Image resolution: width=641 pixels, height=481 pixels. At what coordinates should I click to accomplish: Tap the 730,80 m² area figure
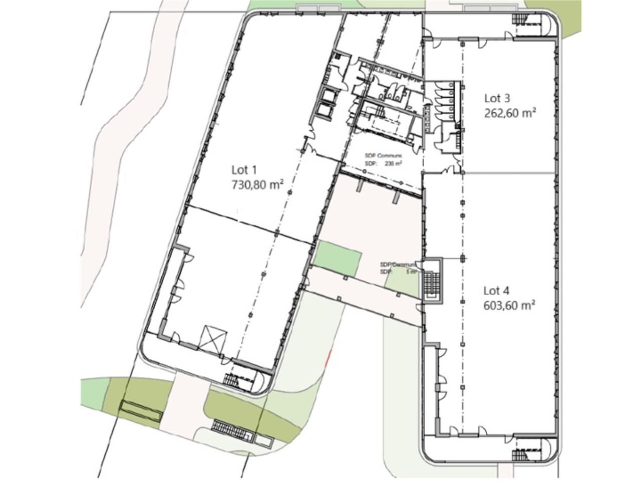[257, 184]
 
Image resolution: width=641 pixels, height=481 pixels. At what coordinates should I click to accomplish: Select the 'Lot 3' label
[497, 98]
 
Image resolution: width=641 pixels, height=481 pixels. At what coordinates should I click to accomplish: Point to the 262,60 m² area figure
[510, 113]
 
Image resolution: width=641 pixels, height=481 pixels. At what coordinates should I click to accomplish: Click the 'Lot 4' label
[497, 290]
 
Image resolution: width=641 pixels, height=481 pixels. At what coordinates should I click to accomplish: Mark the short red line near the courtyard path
[328, 358]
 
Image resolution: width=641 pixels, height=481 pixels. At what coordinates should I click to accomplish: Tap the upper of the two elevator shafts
[328, 95]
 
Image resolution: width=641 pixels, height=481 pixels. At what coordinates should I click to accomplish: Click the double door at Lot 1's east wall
[309, 146]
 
